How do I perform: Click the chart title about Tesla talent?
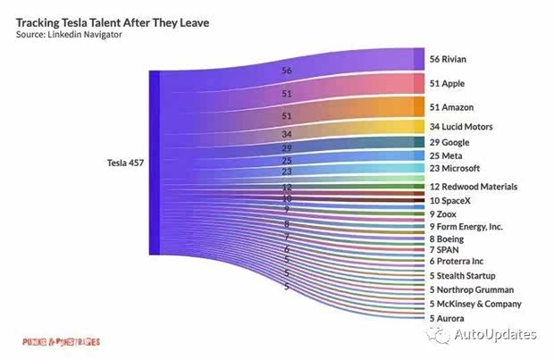point(113,21)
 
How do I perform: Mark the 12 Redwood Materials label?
point(474,187)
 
